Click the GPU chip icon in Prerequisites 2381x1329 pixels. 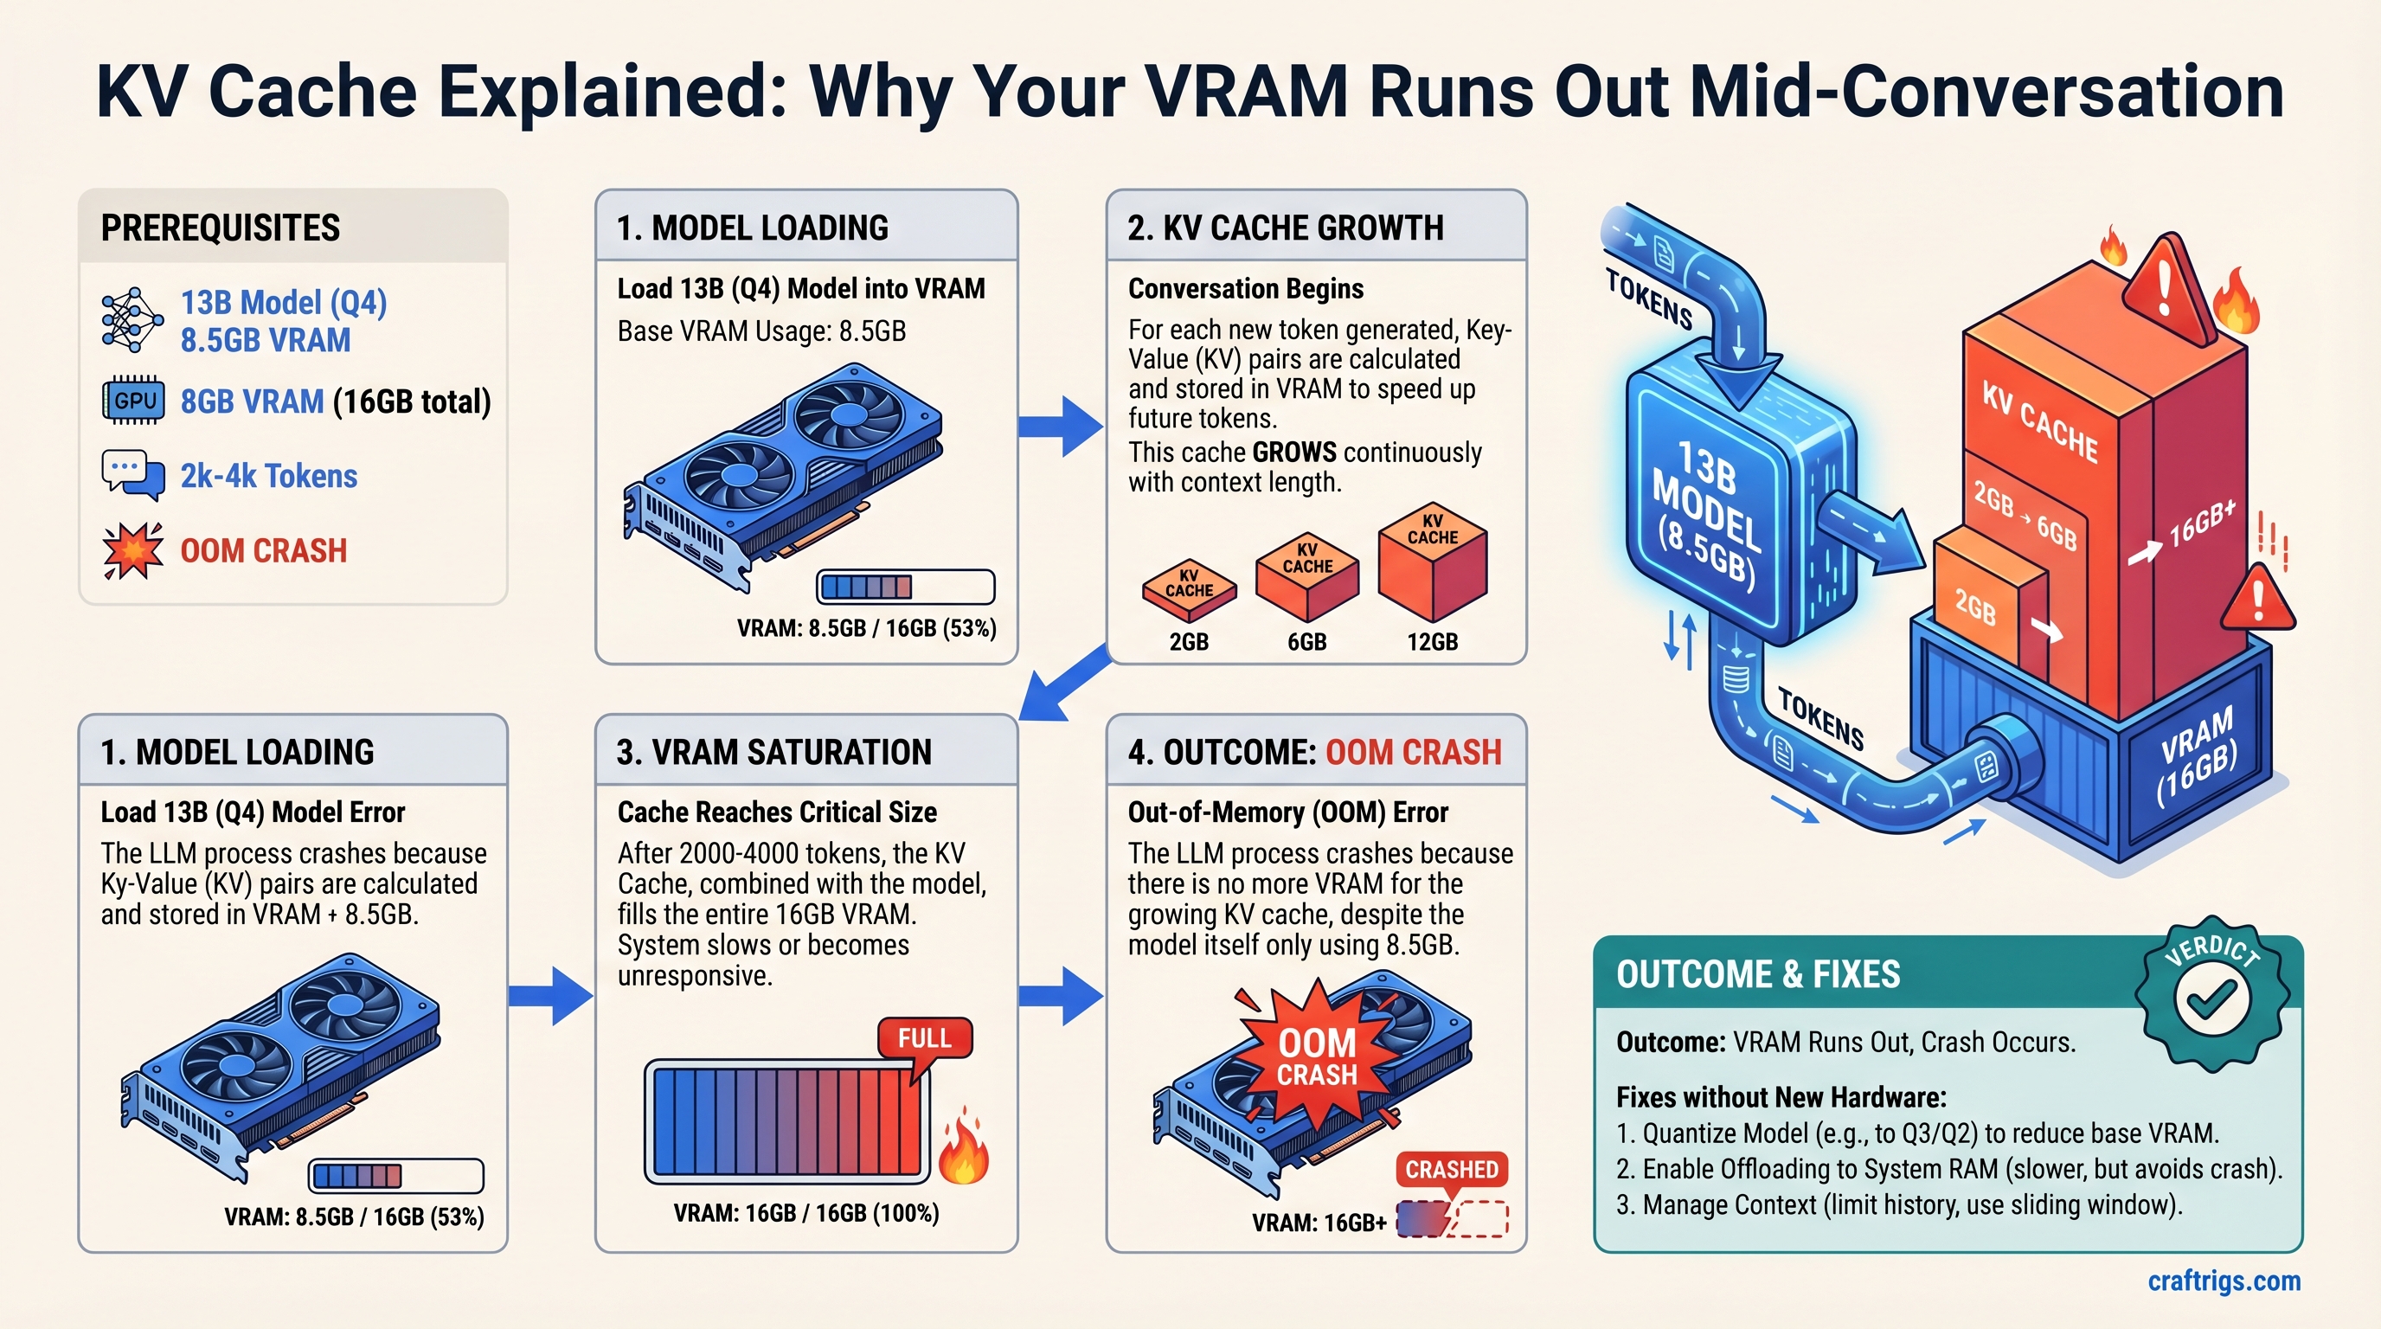coord(133,401)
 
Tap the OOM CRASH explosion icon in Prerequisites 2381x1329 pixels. coord(133,551)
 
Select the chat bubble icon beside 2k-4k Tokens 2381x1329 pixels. coord(133,475)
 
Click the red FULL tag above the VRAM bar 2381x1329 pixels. coord(924,1039)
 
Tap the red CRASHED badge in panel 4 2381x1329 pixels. coord(1451,1169)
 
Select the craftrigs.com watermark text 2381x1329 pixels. coord(2223,1281)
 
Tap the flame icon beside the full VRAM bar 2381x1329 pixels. coord(963,1151)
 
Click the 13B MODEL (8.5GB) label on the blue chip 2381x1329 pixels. coord(1706,513)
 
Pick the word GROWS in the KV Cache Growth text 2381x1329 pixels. coord(1293,452)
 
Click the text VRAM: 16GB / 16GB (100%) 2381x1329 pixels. coord(806,1212)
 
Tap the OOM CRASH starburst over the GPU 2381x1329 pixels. coord(1316,1056)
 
